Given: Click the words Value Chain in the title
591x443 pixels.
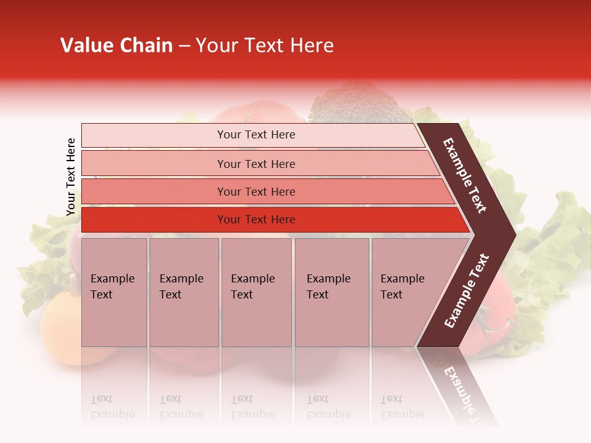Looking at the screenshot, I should [116, 46].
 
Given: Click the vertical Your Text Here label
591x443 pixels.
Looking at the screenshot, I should [71, 177].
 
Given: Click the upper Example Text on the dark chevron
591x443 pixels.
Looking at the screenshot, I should [465, 175].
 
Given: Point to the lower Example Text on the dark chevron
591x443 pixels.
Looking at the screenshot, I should [467, 291].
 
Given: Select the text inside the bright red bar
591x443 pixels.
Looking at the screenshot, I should [256, 220].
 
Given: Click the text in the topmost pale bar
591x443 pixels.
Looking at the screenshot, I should [256, 135].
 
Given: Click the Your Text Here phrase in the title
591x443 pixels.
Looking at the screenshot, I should [265, 46].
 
